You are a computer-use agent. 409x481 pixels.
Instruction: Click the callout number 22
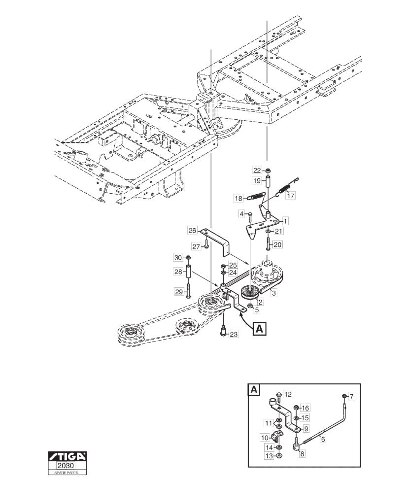tap(257, 171)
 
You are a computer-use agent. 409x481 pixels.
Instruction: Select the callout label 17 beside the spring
tap(290, 195)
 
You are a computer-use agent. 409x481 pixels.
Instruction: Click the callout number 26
tap(192, 230)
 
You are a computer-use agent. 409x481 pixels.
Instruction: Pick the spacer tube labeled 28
tap(188, 272)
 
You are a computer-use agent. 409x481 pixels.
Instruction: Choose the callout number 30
tap(178, 258)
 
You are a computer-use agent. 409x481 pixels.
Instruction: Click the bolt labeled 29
tap(188, 289)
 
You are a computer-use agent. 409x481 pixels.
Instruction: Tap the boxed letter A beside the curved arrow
tap(259, 329)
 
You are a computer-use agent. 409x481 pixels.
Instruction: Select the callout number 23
tap(234, 334)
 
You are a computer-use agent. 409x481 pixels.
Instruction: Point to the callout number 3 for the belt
tap(274, 293)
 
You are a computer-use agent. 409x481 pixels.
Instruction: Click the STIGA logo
tap(68, 457)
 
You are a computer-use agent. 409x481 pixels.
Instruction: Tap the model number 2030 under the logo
tap(68, 466)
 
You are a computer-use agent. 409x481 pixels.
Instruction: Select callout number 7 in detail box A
tap(352, 396)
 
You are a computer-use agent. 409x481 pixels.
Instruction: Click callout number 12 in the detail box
tap(288, 394)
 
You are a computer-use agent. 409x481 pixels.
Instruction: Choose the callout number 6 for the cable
tap(323, 439)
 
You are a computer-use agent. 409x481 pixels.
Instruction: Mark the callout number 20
tap(278, 244)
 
